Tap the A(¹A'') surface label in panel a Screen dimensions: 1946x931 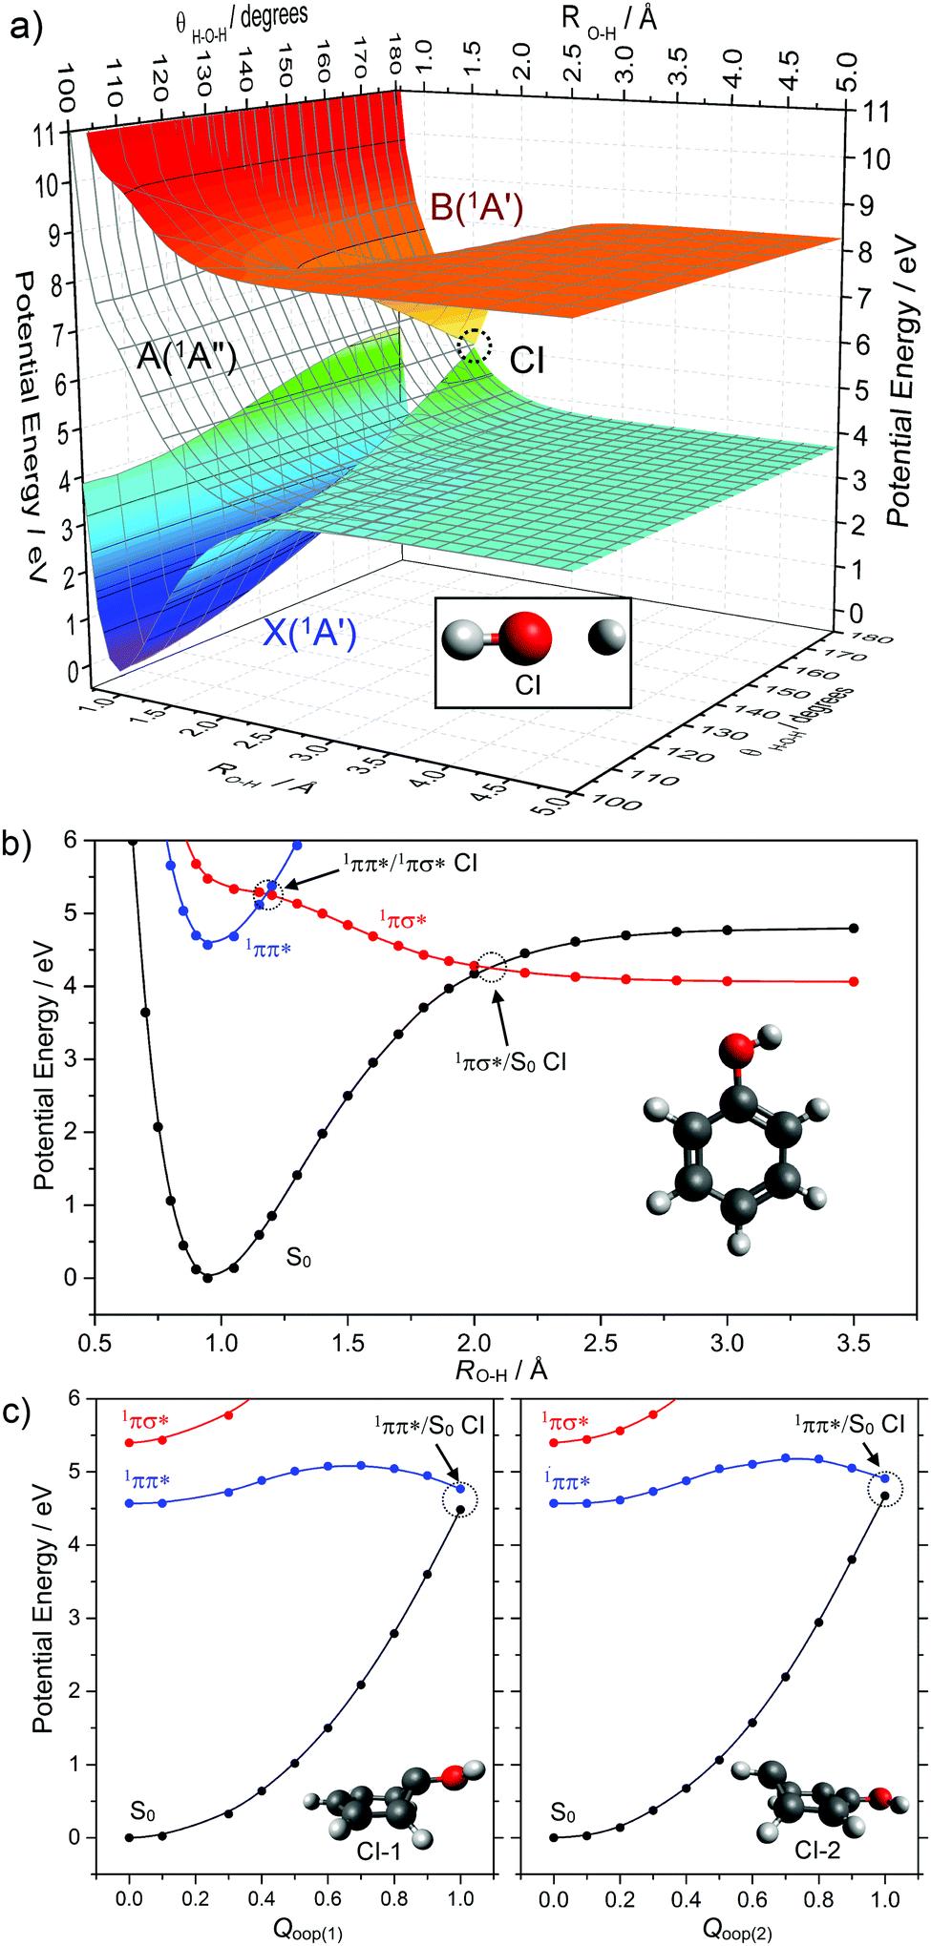[x=186, y=356]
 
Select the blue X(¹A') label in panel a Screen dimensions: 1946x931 [x=309, y=633]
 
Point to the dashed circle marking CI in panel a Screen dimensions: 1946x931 [x=475, y=345]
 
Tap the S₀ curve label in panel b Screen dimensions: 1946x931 [x=298, y=1258]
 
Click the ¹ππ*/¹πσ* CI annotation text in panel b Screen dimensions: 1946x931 [x=410, y=864]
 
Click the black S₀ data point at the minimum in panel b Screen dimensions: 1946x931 [x=208, y=1277]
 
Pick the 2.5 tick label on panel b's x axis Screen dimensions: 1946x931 [x=601, y=1342]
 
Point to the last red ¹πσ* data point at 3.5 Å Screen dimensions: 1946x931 [x=854, y=981]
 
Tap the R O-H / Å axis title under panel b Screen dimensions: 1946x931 [x=501, y=1371]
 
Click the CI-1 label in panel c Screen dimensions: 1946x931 [x=379, y=1852]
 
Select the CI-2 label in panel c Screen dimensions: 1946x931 [x=817, y=1851]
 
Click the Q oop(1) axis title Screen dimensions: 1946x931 [x=307, y=1929]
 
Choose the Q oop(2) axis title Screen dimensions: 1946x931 [x=737, y=1929]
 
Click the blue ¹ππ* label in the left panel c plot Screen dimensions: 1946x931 [x=146, y=1480]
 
